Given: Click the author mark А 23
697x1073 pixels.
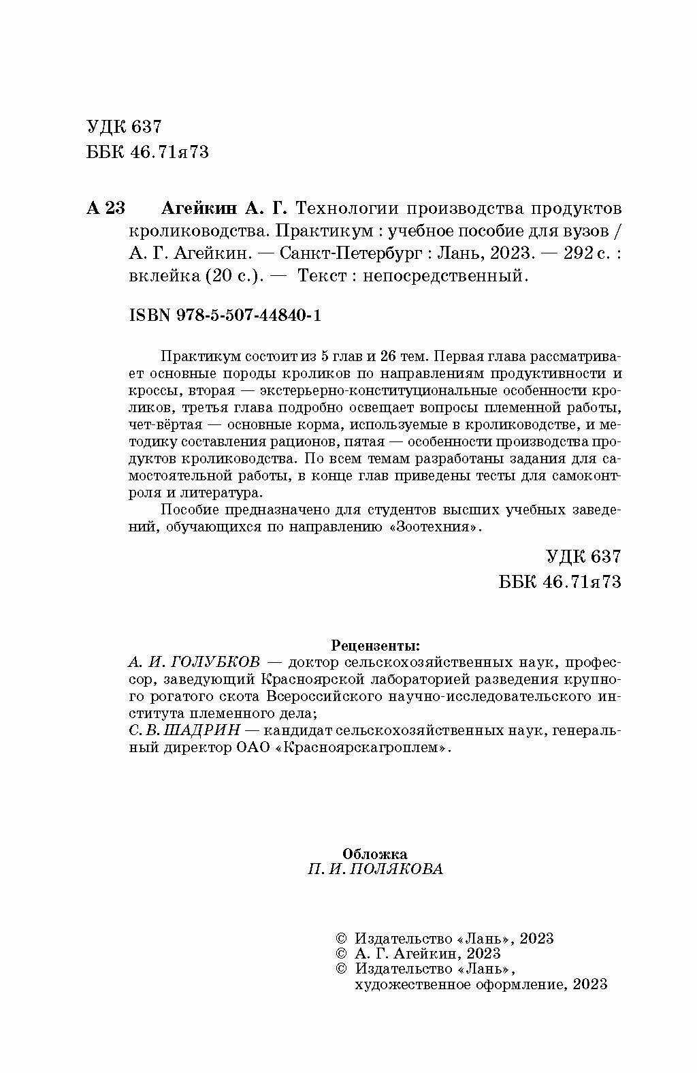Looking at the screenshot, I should click(106, 208).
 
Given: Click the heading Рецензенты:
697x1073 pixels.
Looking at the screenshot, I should click(374, 644).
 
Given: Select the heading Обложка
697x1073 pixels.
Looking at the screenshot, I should click(374, 853).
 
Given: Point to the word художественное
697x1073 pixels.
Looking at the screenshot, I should click(419, 984).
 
